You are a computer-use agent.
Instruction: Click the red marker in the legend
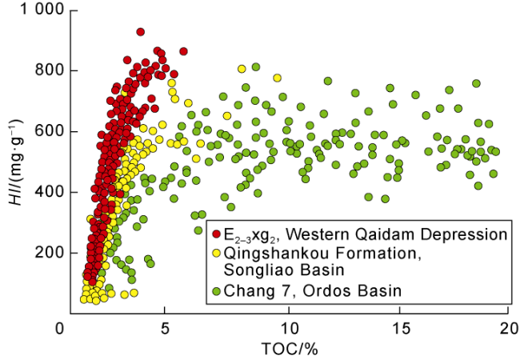coord(217,235)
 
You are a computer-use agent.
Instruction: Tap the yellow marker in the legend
coord(217,254)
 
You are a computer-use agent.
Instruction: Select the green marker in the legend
coord(217,290)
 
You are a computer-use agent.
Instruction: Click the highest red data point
coord(140,32)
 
